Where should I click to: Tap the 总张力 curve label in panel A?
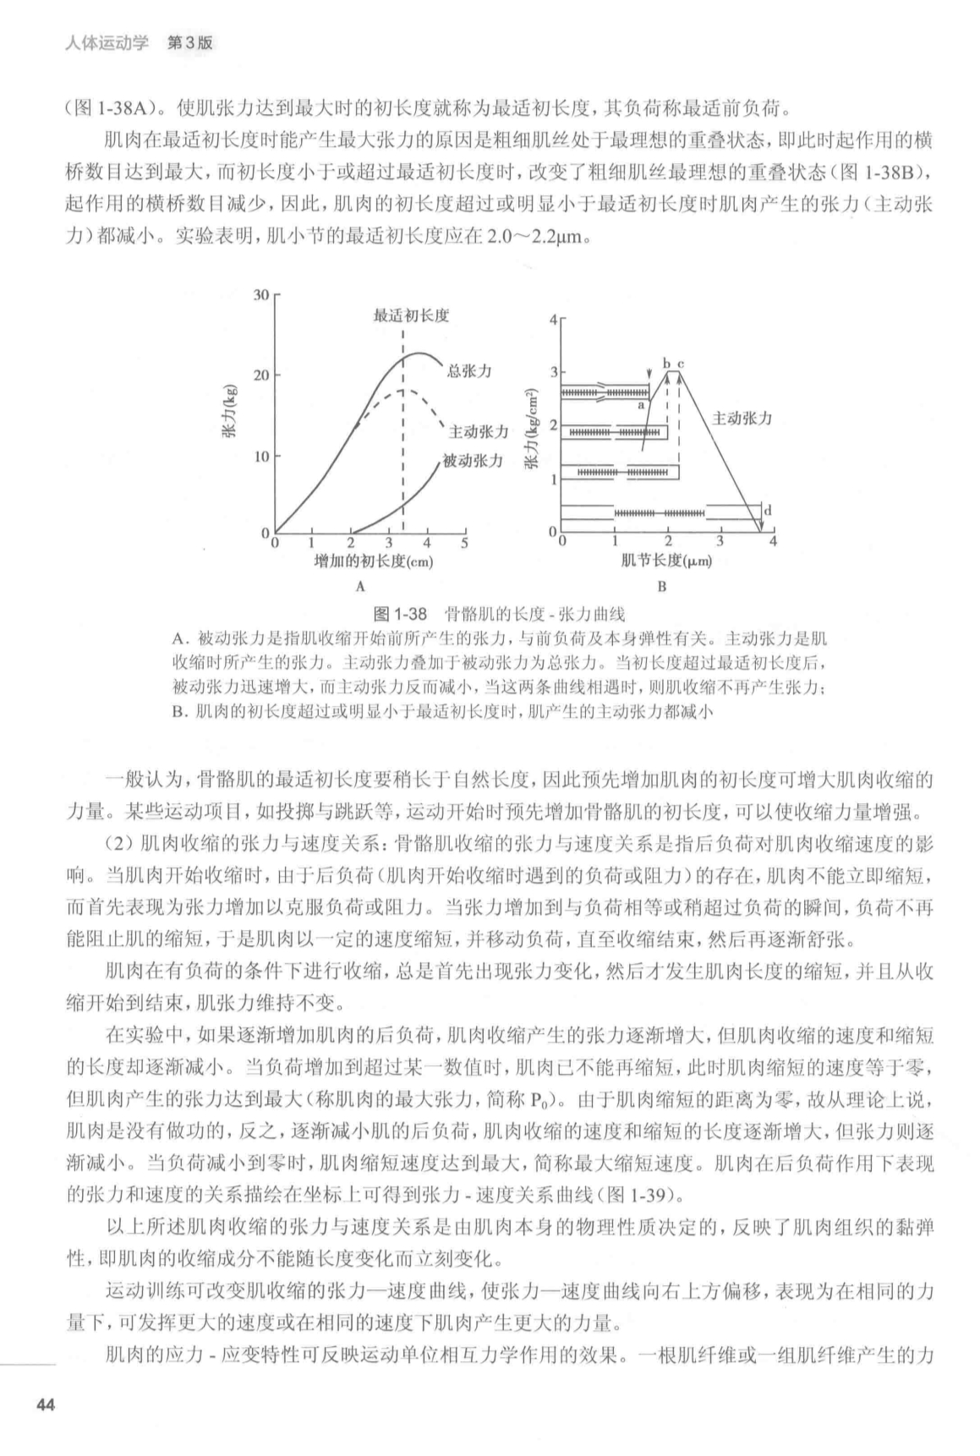[x=468, y=370]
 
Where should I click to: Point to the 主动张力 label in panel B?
[x=742, y=419]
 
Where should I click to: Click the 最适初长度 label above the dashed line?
[x=411, y=315]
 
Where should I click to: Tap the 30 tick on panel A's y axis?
[x=260, y=294]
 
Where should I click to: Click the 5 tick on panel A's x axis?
[x=464, y=543]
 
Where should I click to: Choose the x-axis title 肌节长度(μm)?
[x=665, y=561]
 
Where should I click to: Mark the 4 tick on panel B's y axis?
[x=554, y=320]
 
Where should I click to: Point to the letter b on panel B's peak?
[x=666, y=363]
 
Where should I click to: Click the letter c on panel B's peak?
[x=680, y=363]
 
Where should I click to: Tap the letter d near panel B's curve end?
[x=767, y=511]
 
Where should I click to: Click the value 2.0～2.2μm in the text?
[x=536, y=237]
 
